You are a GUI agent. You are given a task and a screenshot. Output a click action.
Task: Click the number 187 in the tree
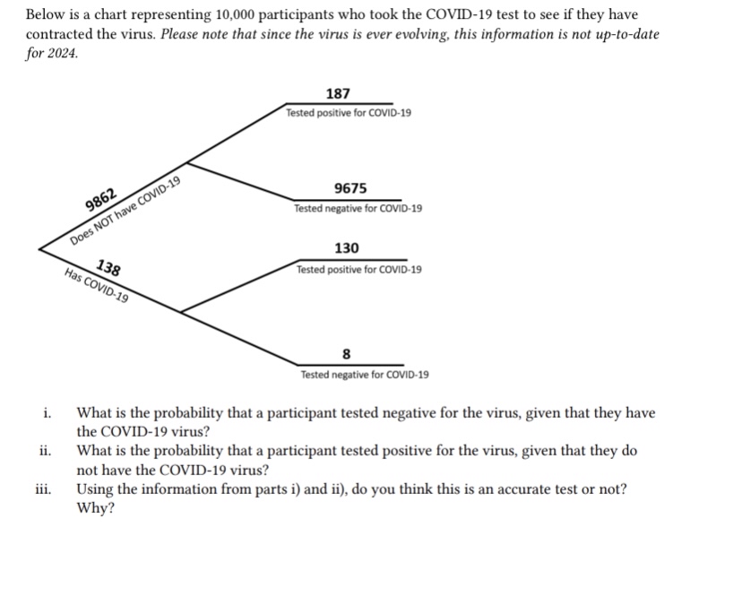click(x=339, y=94)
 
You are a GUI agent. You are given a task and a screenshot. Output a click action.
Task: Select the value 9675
click(x=349, y=188)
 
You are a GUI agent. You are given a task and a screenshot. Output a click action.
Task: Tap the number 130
click(x=347, y=248)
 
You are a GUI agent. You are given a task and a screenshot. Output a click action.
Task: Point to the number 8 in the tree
click(x=347, y=352)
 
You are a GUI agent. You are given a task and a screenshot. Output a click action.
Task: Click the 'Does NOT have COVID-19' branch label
click(x=126, y=212)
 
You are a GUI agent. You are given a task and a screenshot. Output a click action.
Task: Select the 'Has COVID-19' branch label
click(x=97, y=286)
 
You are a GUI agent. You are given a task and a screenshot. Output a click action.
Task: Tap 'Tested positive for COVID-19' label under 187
click(x=349, y=114)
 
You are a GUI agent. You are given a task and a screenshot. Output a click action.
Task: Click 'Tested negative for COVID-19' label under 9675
click(x=358, y=208)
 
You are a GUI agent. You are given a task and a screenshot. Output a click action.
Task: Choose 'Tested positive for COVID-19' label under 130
click(x=359, y=269)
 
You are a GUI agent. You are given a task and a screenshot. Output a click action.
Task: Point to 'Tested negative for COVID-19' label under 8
click(x=365, y=375)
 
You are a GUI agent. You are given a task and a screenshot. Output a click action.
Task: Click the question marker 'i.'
click(x=46, y=413)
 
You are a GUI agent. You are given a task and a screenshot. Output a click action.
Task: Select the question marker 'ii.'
click(x=47, y=451)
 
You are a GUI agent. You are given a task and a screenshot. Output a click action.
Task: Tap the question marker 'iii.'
click(x=44, y=489)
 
